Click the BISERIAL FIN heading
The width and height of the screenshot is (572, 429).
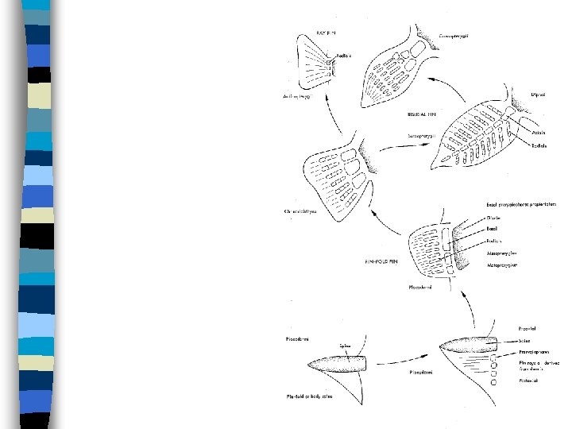tap(427, 114)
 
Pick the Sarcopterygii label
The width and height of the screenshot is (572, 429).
tap(423, 137)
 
